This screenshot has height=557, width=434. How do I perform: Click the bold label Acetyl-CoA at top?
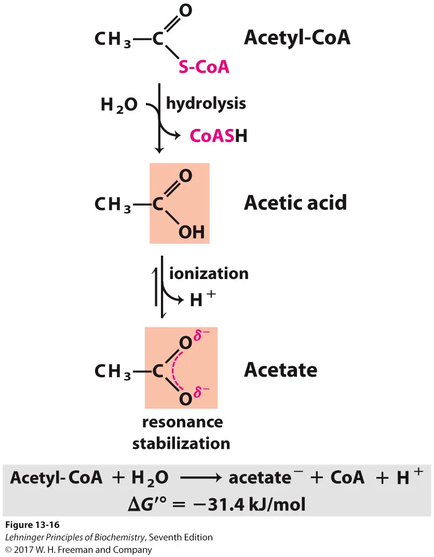click(x=297, y=37)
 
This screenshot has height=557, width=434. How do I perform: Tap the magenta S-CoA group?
click(x=204, y=67)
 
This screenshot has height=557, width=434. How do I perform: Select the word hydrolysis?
click(x=206, y=103)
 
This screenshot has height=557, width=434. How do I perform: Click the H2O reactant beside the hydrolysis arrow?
click(x=119, y=105)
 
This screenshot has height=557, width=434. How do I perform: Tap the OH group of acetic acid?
click(x=192, y=232)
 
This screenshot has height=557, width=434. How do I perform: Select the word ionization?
click(x=209, y=273)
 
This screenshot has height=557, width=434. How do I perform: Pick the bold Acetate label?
click(x=281, y=370)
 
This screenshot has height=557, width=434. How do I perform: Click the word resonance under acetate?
click(x=182, y=422)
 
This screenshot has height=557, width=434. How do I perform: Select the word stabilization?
click(x=181, y=443)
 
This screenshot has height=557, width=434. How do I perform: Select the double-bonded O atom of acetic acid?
click(x=185, y=176)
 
